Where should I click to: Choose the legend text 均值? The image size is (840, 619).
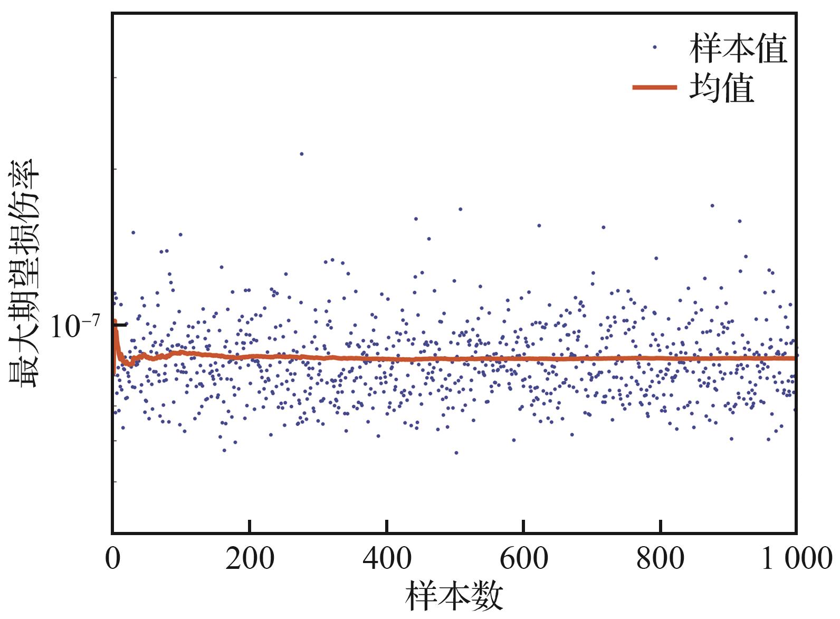click(x=721, y=88)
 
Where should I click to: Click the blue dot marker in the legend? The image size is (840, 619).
click(x=654, y=47)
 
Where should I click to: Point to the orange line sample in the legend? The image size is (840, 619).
click(x=654, y=87)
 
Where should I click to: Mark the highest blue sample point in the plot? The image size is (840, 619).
click(x=301, y=154)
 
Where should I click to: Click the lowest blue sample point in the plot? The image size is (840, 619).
click(x=456, y=453)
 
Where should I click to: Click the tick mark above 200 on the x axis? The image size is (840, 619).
click(x=250, y=526)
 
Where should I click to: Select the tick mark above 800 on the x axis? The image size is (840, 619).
click(x=661, y=526)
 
